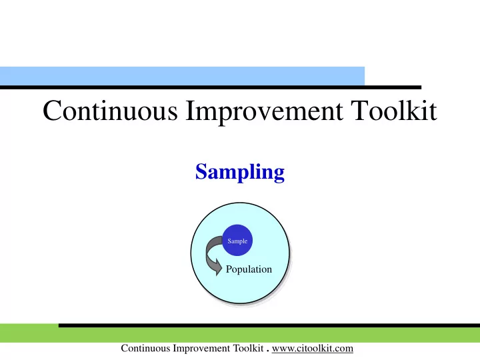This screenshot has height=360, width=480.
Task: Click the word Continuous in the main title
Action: pyautogui.click(x=110, y=110)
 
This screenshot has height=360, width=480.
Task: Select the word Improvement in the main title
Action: pyautogui.click(x=264, y=113)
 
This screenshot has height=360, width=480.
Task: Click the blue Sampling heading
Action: pyautogui.click(x=240, y=173)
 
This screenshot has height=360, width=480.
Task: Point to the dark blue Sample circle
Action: pyautogui.click(x=237, y=240)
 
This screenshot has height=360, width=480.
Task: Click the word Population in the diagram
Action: pyautogui.click(x=249, y=269)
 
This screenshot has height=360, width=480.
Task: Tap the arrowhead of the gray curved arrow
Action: pyautogui.click(x=217, y=267)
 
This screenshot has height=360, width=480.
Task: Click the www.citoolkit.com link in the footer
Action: pyautogui.click(x=313, y=349)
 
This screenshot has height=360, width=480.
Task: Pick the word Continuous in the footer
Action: pyautogui.click(x=145, y=348)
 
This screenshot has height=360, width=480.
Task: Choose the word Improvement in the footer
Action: pyautogui.click(x=202, y=349)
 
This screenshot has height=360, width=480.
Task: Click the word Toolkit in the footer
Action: pyautogui.click(x=249, y=348)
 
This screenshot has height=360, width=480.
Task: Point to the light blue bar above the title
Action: pyautogui.click(x=182, y=76)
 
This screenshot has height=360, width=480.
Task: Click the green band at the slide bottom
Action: pyautogui.click(x=240, y=334)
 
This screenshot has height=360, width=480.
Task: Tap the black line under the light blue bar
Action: pyautogui.click(x=211, y=87)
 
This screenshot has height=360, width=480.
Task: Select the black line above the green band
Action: pyautogui.click(x=269, y=325)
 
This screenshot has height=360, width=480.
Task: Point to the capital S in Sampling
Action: pyautogui.click(x=201, y=171)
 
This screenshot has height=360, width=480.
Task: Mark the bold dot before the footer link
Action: pyautogui.click(x=268, y=351)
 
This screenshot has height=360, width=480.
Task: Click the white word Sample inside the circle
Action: pyautogui.click(x=237, y=241)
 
